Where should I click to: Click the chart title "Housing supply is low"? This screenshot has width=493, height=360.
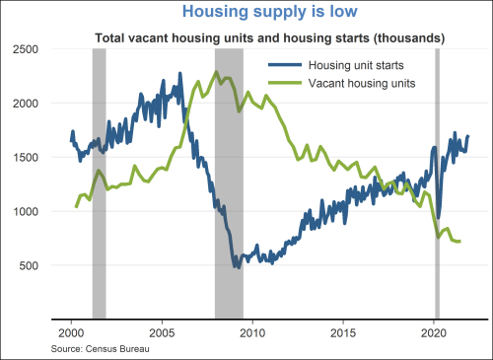click(x=270, y=12)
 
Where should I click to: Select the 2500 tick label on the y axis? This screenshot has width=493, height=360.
click(x=26, y=49)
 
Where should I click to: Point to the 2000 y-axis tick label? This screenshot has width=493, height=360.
click(x=26, y=104)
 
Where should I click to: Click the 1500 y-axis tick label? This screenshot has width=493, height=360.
click(x=26, y=157)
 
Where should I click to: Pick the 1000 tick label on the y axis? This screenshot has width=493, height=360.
click(x=26, y=211)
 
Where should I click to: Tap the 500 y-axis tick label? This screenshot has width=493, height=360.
click(x=29, y=265)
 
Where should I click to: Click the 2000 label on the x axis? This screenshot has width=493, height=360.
click(x=71, y=333)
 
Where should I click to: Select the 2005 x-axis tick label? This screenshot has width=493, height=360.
click(x=162, y=333)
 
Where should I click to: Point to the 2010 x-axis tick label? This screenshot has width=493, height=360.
click(x=252, y=333)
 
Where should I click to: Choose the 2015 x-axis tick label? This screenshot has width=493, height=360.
click(x=343, y=333)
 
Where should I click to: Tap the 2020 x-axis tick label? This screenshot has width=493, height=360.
click(x=434, y=333)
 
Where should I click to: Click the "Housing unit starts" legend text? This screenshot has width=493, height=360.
click(x=356, y=65)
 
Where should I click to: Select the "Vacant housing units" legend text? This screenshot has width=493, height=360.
click(x=362, y=83)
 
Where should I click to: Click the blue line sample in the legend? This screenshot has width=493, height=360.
click(x=285, y=65)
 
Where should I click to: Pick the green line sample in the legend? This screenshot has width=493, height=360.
click(x=285, y=83)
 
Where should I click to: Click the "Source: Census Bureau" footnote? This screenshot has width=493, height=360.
click(x=101, y=349)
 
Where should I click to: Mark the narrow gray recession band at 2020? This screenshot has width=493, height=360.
click(x=437, y=183)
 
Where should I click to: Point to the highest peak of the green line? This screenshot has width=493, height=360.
click(x=216, y=71)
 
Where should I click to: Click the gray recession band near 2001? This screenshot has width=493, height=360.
click(x=100, y=183)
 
